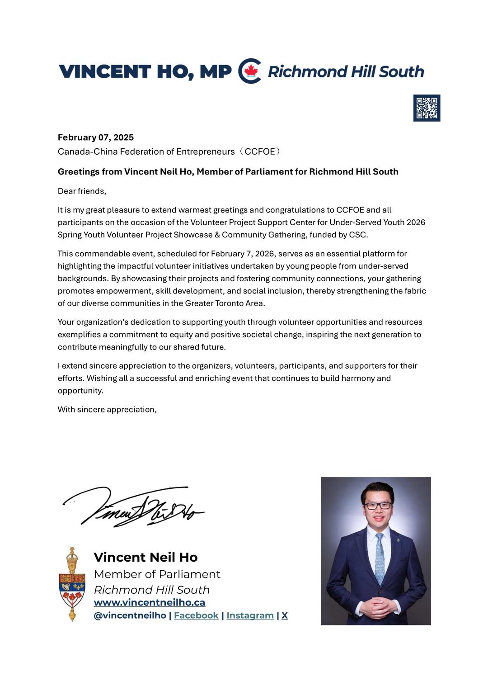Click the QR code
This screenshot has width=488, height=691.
tap(427, 108)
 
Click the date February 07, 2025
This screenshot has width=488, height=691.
tap(96, 137)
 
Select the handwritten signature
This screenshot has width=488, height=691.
tap(134, 506)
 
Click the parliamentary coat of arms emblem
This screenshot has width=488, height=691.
tap(72, 584)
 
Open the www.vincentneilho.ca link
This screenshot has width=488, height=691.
tap(149, 602)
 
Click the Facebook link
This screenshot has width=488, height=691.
tap(196, 615)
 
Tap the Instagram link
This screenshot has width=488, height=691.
tap(250, 615)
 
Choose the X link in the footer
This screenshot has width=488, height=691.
tap(285, 615)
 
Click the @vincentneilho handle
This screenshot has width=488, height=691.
tap(130, 615)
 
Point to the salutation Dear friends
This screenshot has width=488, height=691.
tap(82, 191)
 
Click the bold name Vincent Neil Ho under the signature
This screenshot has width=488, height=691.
tap(145, 557)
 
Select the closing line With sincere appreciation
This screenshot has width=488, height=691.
tap(107, 410)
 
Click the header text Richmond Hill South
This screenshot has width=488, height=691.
tap(346, 71)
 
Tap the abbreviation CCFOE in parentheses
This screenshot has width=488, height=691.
tap(260, 151)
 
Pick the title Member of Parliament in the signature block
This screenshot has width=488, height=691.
tap(157, 574)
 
